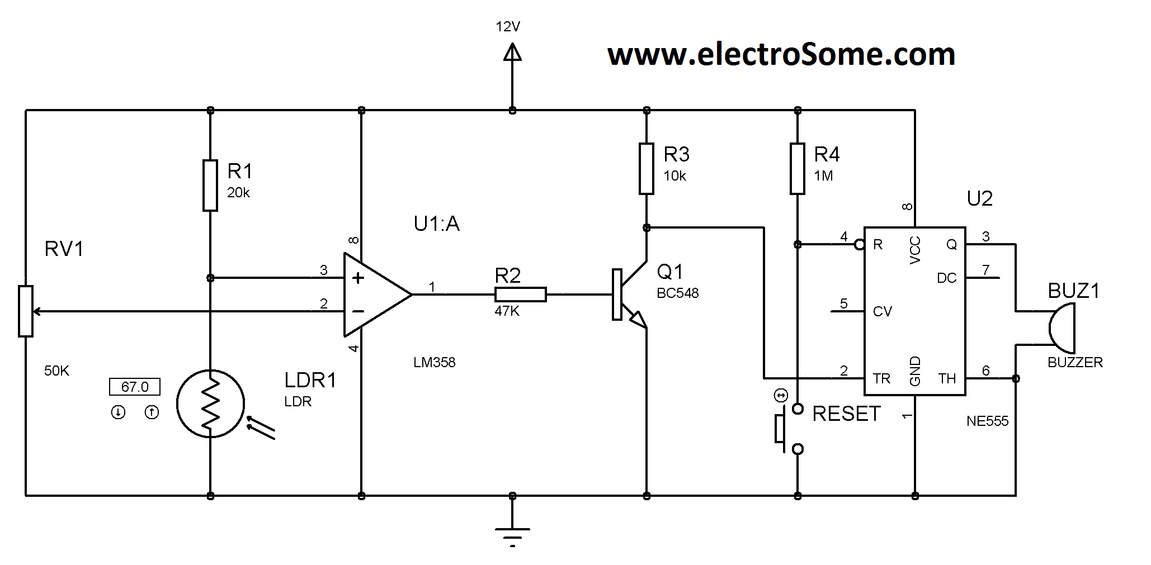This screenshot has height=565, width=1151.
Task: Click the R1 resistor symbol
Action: coord(210,185)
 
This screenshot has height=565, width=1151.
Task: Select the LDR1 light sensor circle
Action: coord(210,403)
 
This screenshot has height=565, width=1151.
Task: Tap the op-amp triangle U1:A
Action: coord(373,295)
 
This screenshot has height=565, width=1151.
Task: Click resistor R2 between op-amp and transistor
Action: coord(520,295)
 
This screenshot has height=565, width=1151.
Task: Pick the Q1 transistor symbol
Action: coord(629,295)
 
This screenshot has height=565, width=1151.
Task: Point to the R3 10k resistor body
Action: coord(647,168)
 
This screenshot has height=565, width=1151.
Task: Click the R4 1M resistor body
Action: coord(798,168)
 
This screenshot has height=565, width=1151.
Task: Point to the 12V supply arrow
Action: coord(512,53)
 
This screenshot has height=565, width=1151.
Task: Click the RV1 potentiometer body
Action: coord(26,311)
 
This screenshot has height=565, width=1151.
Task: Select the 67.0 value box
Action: coord(135,387)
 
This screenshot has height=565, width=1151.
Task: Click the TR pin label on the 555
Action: coord(881,379)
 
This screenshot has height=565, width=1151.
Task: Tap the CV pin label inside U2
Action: coord(882,312)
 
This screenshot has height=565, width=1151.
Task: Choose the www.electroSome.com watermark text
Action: coord(781,55)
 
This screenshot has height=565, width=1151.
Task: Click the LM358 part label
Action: coord(435,363)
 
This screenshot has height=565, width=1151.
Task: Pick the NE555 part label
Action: coord(987,421)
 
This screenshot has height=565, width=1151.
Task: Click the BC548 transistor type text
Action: coord(678,293)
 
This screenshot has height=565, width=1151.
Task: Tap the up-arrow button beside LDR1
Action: coord(152,412)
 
